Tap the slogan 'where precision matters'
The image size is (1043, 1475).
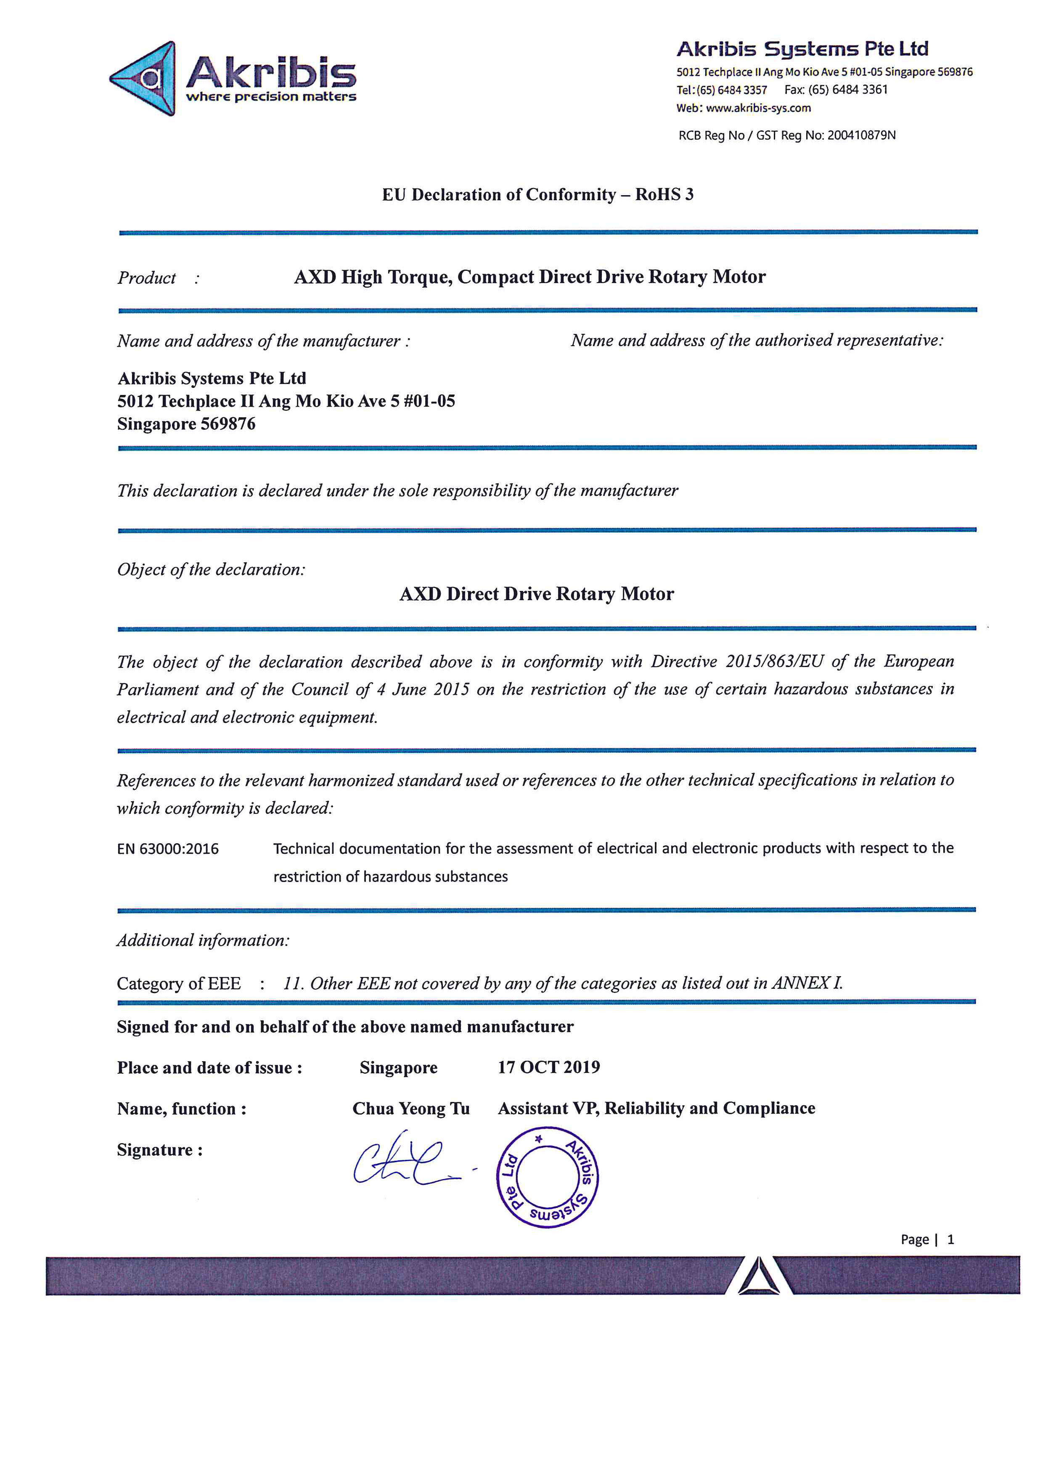[270, 97]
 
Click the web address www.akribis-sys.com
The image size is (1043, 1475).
[758, 108]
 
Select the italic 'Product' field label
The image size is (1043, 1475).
[146, 278]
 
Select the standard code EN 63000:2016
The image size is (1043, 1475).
[168, 849]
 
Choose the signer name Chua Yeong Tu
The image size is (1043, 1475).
[411, 1109]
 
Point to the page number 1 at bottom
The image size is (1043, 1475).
[950, 1240]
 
